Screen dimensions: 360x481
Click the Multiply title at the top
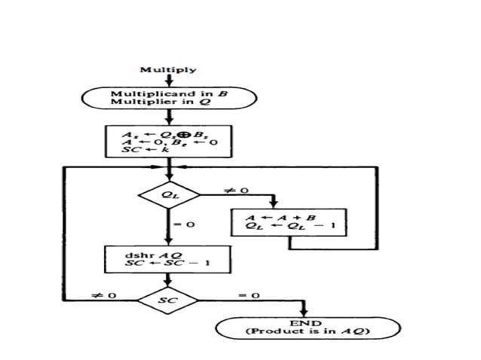pyautogui.click(x=168, y=70)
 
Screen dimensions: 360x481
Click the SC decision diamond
pyautogui.click(x=168, y=300)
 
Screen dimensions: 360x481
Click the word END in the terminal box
pyautogui.click(x=306, y=322)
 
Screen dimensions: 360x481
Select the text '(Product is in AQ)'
pyautogui.click(x=306, y=331)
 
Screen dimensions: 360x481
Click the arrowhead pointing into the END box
pyautogui.click(x=306, y=313)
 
